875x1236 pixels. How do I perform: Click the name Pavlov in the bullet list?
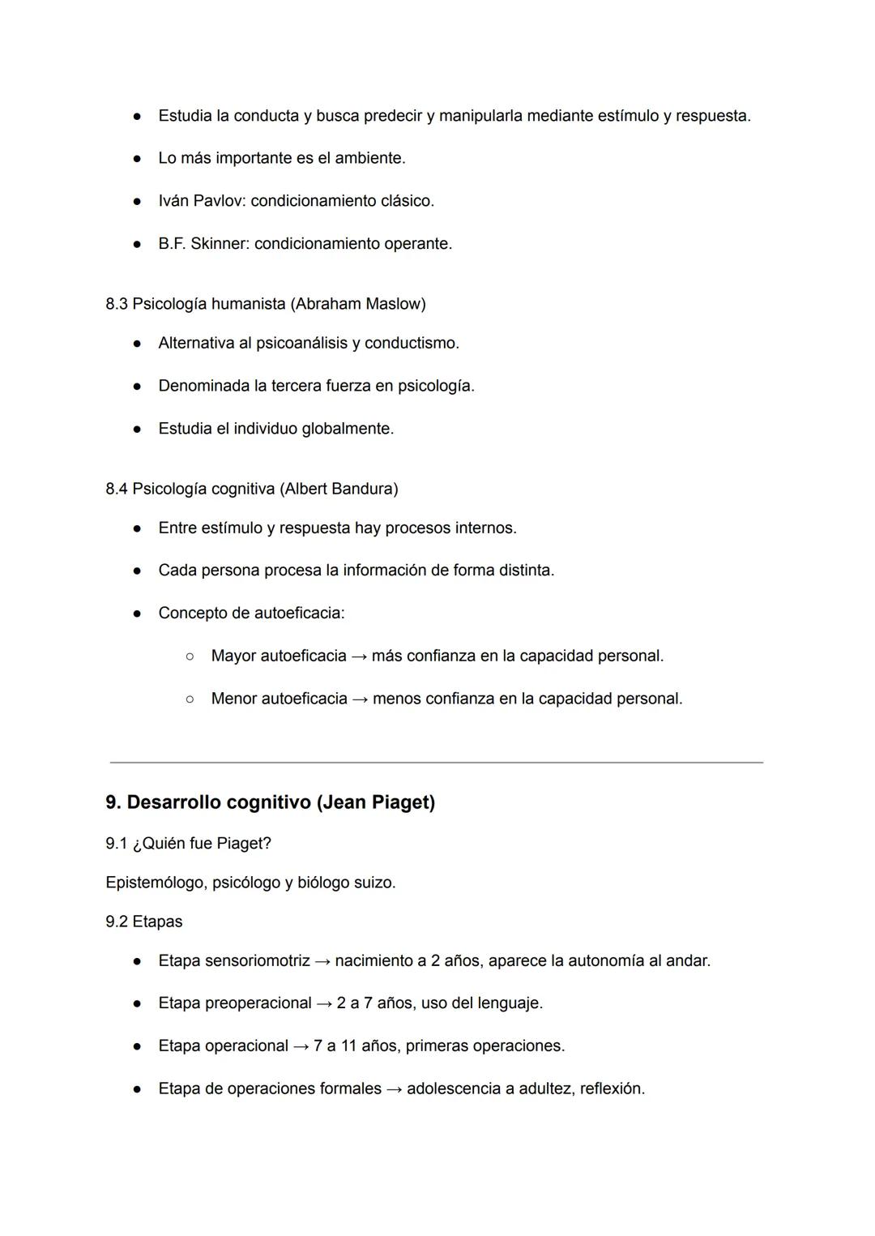(x=219, y=201)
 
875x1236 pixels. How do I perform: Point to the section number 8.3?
(x=117, y=304)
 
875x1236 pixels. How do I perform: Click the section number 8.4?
(x=117, y=489)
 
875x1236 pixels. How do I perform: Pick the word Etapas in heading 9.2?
(x=157, y=922)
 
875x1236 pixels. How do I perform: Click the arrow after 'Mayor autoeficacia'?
(x=359, y=656)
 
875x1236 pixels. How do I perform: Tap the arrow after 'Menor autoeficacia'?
(x=360, y=699)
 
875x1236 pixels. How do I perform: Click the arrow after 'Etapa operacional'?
(x=301, y=1046)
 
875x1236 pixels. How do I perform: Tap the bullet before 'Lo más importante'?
(x=138, y=159)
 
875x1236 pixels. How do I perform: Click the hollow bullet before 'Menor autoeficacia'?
(x=190, y=699)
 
